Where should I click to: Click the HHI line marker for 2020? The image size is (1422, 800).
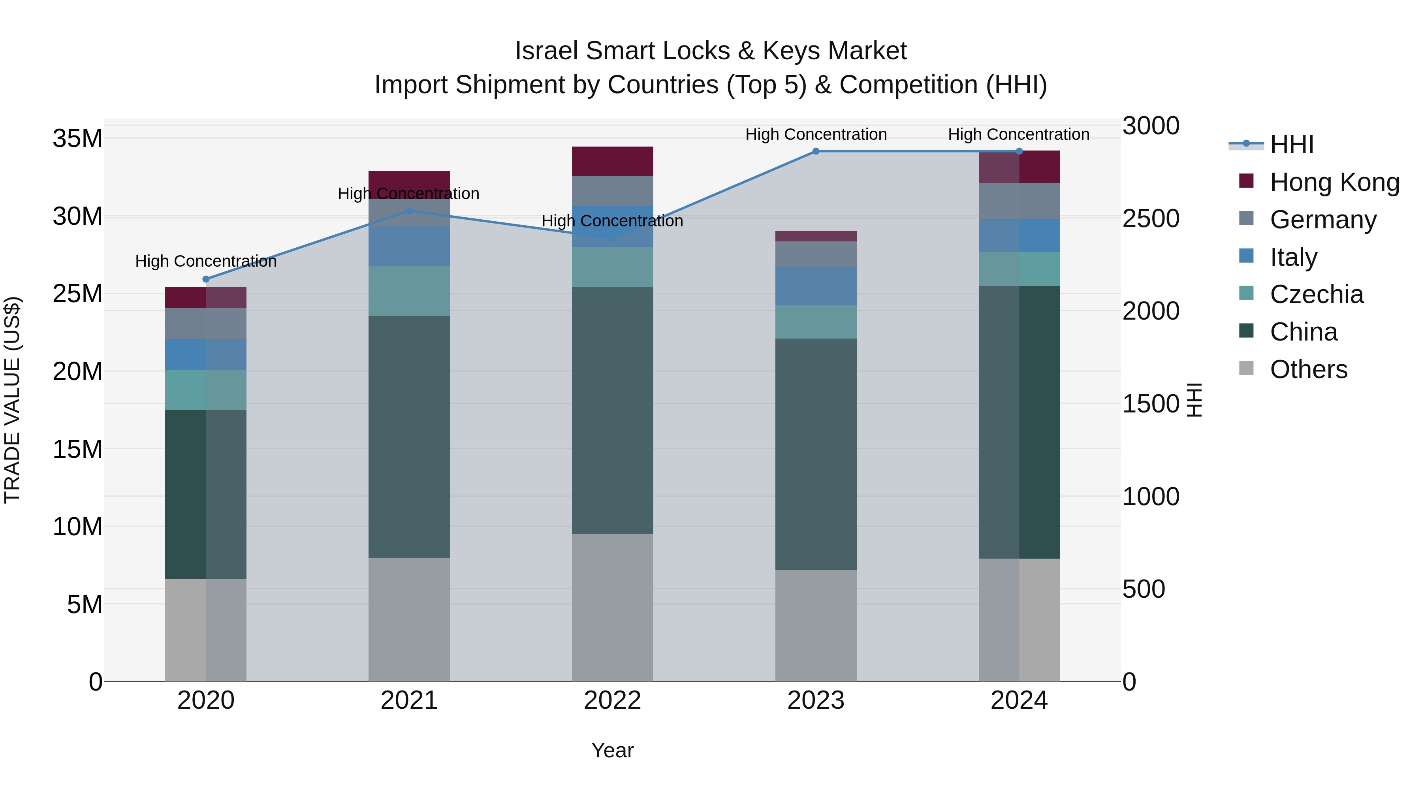(x=206, y=279)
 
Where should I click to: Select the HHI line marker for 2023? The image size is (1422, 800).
(x=816, y=151)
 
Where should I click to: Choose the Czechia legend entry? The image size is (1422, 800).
(x=1316, y=294)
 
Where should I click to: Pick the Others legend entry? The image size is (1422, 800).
(x=1308, y=369)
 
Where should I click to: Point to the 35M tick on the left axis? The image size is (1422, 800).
(x=77, y=138)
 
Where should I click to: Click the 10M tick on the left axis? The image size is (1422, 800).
(x=77, y=527)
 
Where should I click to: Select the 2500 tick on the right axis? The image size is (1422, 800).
(x=1151, y=218)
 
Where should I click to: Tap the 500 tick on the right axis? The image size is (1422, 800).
(x=1144, y=589)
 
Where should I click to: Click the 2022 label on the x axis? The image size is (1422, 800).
(x=612, y=700)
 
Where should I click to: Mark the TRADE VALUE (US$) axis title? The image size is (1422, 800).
(x=12, y=400)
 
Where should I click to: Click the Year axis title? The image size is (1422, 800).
(x=612, y=750)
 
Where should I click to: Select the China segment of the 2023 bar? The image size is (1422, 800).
(x=816, y=454)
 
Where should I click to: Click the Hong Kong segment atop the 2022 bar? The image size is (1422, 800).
(x=612, y=161)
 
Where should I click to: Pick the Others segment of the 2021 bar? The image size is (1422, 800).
(x=409, y=619)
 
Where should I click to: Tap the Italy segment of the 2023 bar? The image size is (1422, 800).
(x=816, y=286)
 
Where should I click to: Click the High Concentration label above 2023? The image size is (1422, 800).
(x=816, y=134)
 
